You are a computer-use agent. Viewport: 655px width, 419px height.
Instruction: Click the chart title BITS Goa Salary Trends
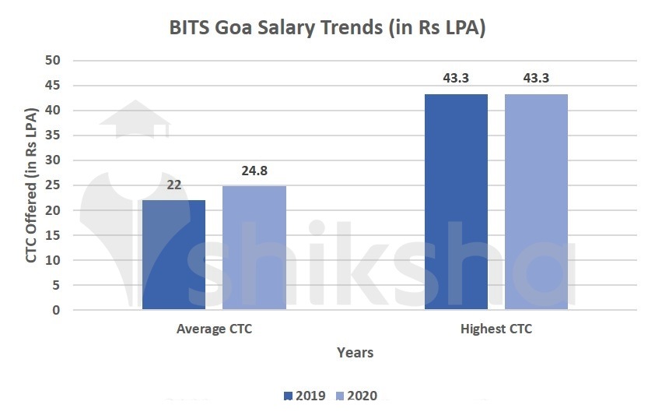[x=327, y=28]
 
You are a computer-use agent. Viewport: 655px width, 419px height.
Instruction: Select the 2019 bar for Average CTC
[x=173, y=255]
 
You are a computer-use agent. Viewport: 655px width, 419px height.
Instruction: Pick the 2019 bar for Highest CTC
[x=456, y=202]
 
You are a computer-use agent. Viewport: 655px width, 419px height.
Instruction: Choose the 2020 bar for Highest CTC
[x=536, y=202]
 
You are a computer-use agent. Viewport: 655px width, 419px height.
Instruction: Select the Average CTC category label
[x=214, y=329]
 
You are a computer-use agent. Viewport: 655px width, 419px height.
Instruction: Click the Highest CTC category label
[x=496, y=329]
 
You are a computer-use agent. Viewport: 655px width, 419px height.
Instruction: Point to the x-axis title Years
[x=355, y=353]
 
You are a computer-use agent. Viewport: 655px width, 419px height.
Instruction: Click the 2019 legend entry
[x=305, y=396]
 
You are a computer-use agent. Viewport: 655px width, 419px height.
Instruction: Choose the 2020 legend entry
[x=356, y=396]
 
